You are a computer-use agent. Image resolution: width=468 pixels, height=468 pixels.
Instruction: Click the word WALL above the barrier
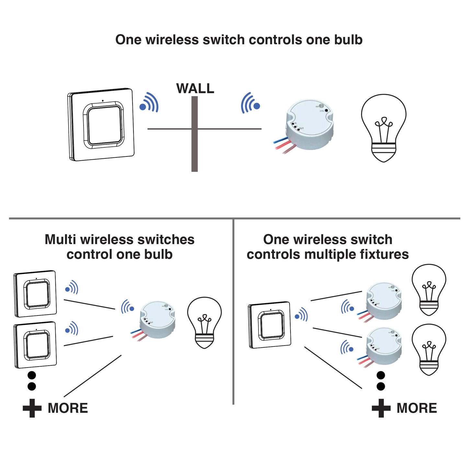coord(195,88)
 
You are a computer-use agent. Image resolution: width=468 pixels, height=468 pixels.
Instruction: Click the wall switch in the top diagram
coord(101,125)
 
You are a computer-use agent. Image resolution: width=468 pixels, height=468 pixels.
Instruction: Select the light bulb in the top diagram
coord(383,128)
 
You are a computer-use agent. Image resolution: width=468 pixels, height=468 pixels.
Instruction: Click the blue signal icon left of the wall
coord(149,103)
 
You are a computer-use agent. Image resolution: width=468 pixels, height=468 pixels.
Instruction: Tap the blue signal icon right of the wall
coord(250,103)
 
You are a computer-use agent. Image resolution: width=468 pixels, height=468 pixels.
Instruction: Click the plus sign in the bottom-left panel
coord(32,408)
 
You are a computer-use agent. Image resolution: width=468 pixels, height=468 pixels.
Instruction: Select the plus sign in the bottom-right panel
coord(381,408)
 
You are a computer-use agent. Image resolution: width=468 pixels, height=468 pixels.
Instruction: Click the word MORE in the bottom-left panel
coord(68,408)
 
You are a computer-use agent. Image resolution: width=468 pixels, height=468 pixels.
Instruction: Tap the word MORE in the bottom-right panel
coord(417,408)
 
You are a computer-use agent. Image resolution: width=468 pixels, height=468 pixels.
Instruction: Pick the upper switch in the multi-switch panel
coord(36,294)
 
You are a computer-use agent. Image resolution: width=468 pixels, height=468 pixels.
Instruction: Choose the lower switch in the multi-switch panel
coord(36,345)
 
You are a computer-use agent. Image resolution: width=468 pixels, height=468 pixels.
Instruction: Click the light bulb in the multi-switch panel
coord(204,323)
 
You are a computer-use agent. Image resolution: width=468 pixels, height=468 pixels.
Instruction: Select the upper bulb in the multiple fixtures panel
coord(429,290)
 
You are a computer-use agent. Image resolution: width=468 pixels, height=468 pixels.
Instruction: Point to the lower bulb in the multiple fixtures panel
coord(429,349)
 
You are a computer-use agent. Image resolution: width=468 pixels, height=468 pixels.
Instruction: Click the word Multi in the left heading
coord(61,240)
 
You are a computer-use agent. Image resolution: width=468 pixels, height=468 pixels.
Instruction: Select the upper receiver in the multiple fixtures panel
coord(383,301)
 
